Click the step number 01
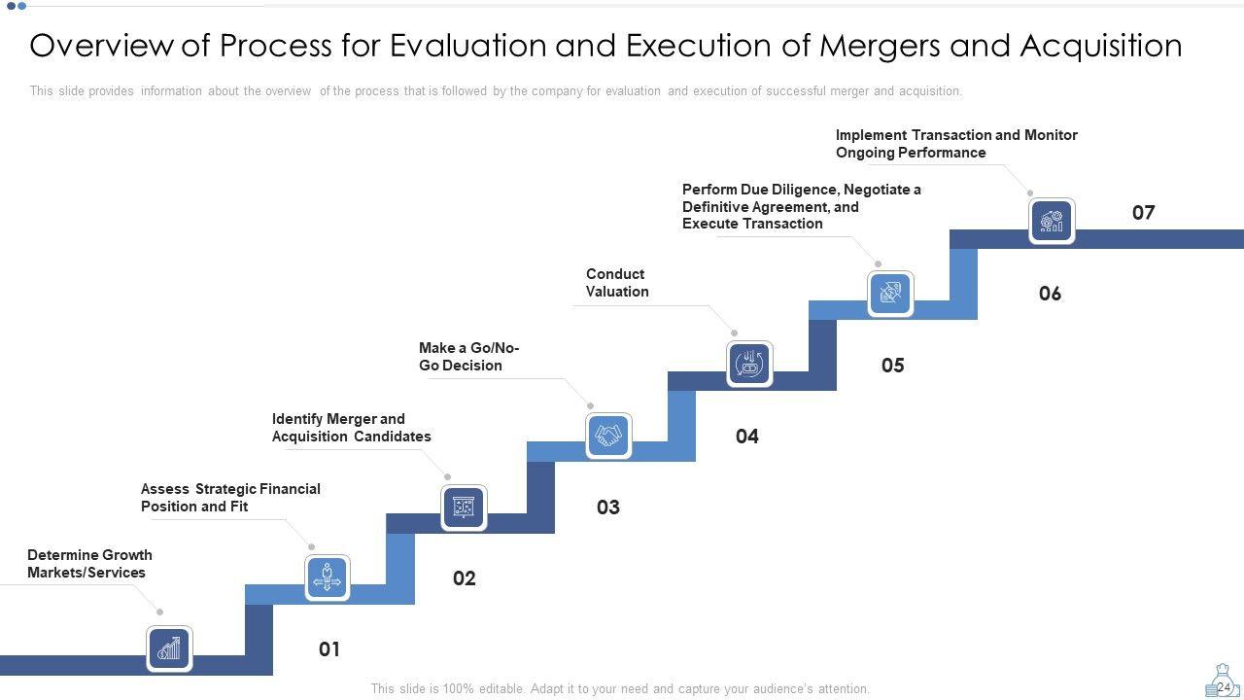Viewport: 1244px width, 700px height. click(329, 649)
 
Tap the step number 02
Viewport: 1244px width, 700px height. click(465, 578)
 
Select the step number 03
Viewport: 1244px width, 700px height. click(608, 507)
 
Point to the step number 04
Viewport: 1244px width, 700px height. click(746, 437)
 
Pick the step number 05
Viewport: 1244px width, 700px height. click(892, 366)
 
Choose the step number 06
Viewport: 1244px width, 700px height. click(1050, 294)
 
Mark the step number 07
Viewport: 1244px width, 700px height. click(1143, 213)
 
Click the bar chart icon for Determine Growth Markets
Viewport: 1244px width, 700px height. click(169, 648)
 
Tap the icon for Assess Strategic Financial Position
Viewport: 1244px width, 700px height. click(327, 577)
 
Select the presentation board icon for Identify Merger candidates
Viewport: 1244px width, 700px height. click(464, 507)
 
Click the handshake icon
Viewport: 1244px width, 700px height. click(608, 435)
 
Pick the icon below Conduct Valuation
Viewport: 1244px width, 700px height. click(749, 364)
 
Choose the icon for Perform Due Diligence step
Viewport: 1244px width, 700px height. click(889, 293)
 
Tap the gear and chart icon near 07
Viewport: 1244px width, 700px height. click(1052, 221)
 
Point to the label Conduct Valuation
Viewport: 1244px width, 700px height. click(617, 283)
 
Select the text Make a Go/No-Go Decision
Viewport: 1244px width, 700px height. click(468, 357)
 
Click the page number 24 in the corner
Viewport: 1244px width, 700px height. click(1223, 687)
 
